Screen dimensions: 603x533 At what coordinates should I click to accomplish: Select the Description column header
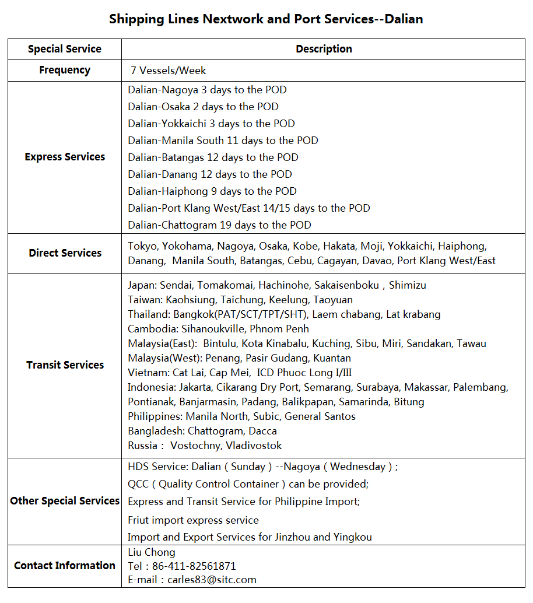click(x=324, y=49)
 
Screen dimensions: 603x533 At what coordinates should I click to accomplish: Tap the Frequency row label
click(x=65, y=70)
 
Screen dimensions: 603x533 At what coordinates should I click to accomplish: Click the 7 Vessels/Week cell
click(x=169, y=71)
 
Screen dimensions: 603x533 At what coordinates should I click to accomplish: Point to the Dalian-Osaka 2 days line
click(x=203, y=107)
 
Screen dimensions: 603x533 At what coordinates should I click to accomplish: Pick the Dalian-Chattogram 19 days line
click(x=219, y=225)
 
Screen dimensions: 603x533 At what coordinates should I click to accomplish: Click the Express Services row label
click(x=65, y=157)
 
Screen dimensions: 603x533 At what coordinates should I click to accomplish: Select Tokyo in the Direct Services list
click(x=142, y=246)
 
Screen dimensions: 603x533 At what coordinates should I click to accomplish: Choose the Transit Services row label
click(x=65, y=365)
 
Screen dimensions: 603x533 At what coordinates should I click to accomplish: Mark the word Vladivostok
click(x=254, y=446)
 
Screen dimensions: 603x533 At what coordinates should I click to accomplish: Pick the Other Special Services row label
click(x=65, y=501)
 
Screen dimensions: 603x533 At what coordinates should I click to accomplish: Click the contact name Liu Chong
click(x=152, y=552)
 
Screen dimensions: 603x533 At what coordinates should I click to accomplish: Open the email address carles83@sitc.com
click(x=212, y=580)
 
